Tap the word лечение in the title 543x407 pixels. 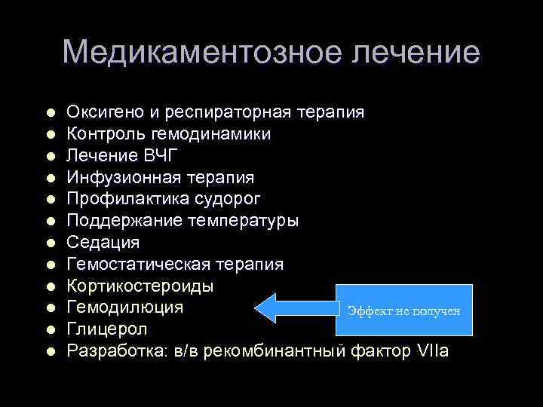coord(413,52)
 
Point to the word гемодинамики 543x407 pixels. coord(221,134)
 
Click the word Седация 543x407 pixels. coord(103,243)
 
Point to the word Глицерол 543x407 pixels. coord(107,329)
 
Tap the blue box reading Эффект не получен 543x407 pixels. coord(406,310)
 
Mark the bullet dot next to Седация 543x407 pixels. coord(50,243)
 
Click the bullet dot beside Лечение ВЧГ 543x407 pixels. coord(50,157)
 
